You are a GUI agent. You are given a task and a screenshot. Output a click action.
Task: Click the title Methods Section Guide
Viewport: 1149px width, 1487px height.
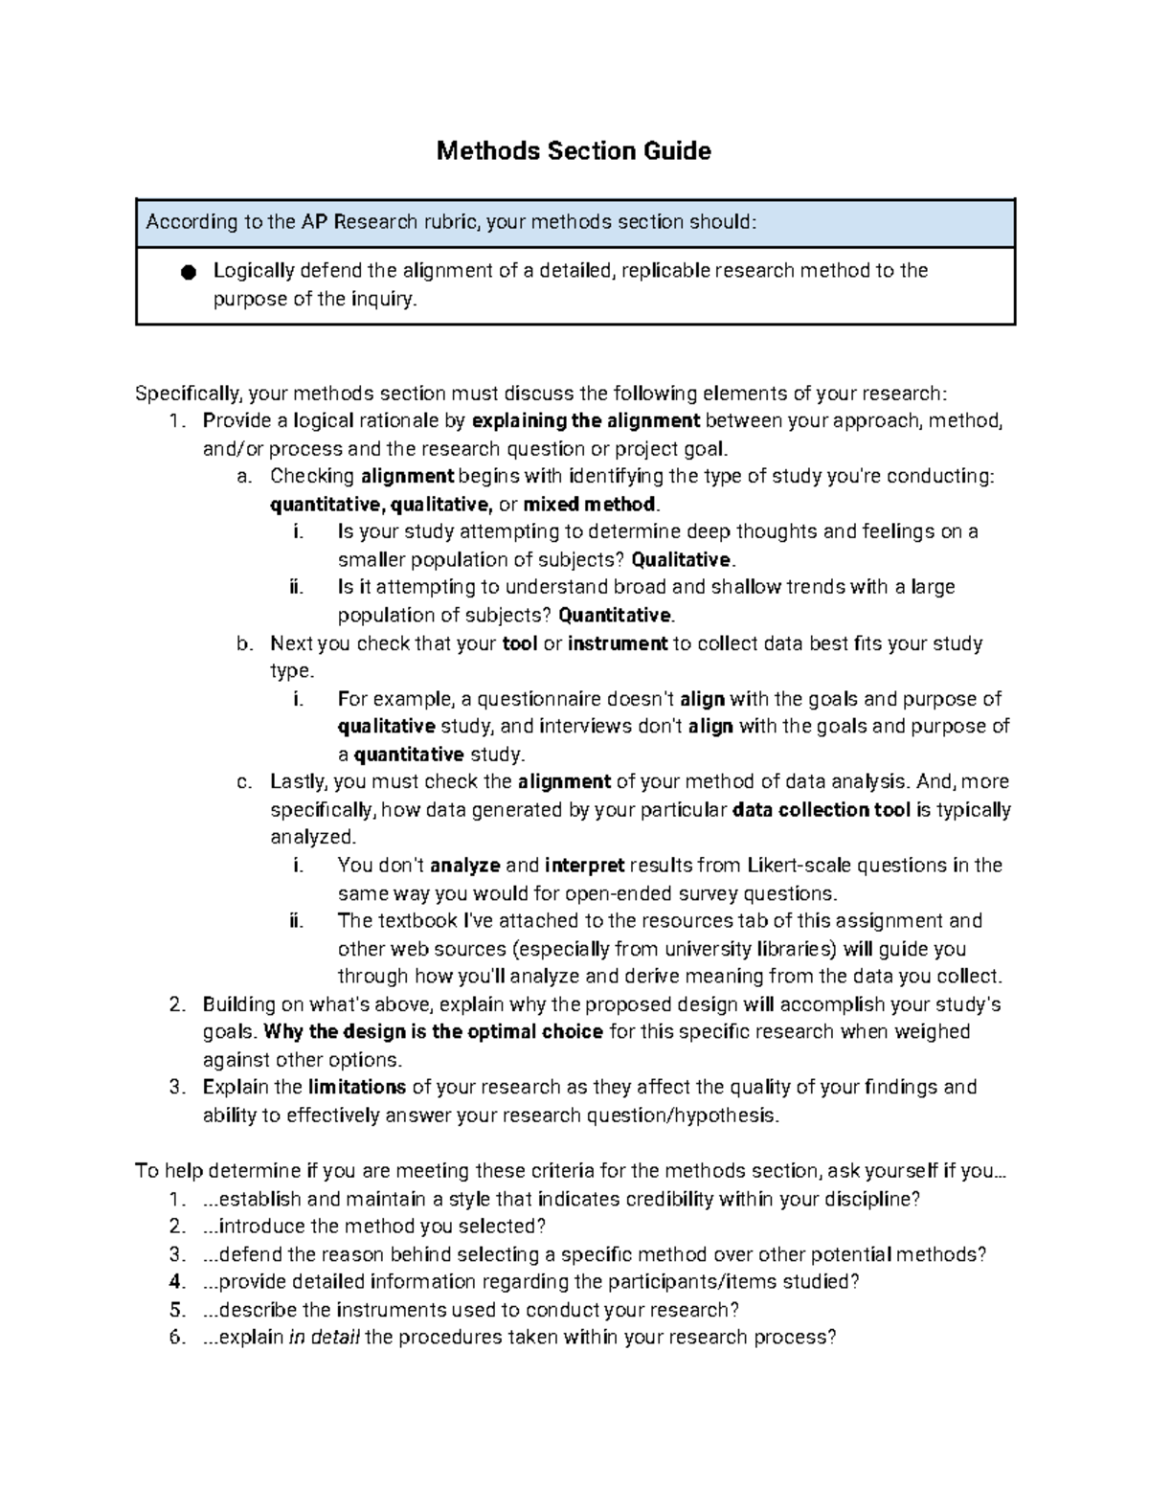[574, 151]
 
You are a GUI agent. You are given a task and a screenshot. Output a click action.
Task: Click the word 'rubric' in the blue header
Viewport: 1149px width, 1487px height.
[449, 223]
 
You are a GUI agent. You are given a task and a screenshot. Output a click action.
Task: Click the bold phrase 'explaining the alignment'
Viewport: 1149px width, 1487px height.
[587, 421]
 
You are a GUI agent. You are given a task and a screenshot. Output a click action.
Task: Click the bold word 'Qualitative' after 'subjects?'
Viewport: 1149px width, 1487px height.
[683, 560]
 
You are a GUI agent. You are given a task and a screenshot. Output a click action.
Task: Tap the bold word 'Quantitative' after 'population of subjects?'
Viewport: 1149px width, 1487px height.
[616, 616]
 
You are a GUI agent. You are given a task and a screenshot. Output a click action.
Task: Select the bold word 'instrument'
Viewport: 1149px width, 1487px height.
[618, 643]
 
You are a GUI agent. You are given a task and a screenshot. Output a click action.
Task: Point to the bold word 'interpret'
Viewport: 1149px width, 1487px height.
[584, 866]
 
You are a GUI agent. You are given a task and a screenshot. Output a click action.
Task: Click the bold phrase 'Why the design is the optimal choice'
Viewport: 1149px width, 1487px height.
[433, 1032]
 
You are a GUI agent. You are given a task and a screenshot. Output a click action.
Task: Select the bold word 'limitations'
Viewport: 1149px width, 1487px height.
[356, 1088]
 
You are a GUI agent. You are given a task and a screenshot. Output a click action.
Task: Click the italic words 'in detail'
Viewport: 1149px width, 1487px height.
[324, 1338]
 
